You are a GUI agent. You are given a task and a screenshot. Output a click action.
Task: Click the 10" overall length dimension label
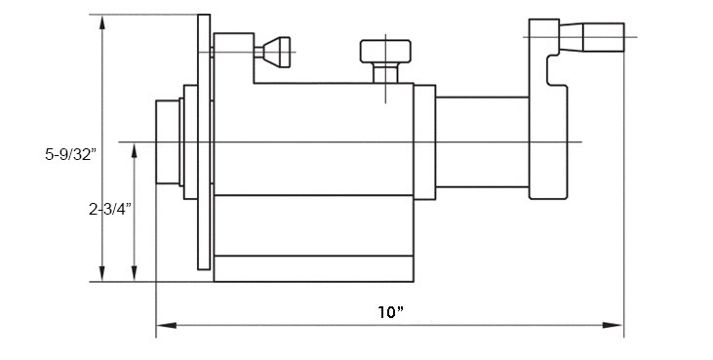click(x=390, y=312)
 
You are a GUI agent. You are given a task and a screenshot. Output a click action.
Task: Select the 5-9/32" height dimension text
click(x=71, y=154)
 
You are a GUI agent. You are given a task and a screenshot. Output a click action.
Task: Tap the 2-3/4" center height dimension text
click(x=109, y=209)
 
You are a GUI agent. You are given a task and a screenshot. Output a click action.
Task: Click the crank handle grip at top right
click(x=604, y=37)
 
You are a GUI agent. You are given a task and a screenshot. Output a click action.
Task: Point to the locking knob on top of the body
click(x=385, y=51)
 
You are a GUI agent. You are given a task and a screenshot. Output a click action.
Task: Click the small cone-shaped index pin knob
click(x=277, y=53)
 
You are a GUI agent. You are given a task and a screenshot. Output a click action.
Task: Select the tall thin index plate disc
click(x=204, y=141)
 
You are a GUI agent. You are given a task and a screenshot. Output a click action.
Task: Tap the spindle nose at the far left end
click(x=168, y=141)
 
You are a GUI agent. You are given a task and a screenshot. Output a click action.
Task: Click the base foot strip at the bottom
click(x=313, y=268)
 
